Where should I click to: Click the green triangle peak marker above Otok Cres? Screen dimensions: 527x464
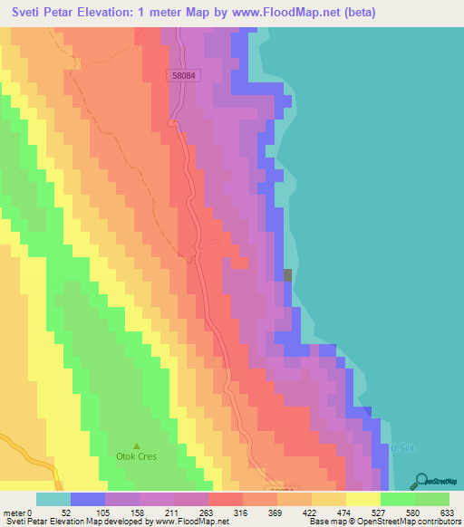tap(137, 446)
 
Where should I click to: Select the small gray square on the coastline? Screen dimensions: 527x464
tap(288, 275)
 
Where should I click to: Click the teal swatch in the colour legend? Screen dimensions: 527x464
tap(53, 500)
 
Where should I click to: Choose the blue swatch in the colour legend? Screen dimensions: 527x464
tap(87, 500)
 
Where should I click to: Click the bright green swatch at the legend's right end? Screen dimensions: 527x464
tap(432, 500)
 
